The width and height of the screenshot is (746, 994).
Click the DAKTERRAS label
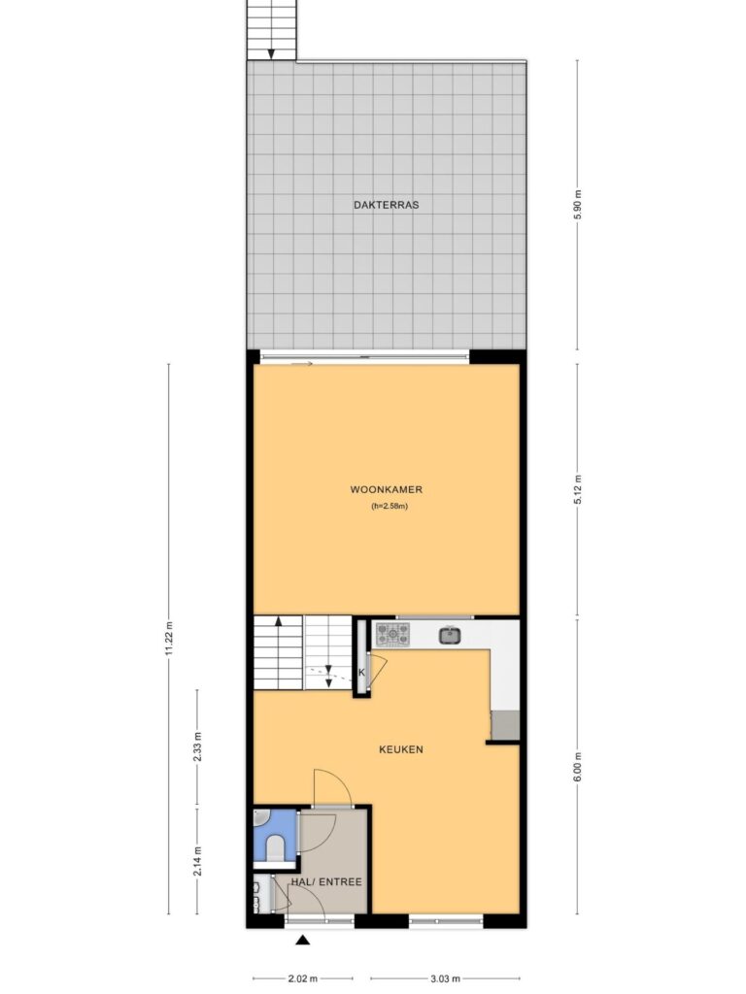[387, 205]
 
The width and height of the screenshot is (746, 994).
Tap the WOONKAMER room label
[387, 489]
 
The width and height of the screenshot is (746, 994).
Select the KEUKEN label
[401, 749]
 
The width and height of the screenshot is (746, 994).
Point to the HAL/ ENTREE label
[326, 881]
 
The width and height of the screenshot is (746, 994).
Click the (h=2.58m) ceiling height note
[389, 506]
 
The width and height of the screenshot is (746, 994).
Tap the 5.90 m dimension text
[577, 205]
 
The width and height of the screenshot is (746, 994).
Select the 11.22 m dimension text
[169, 639]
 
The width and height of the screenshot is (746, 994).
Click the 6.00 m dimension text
[577, 767]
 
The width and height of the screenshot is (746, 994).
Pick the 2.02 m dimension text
[303, 978]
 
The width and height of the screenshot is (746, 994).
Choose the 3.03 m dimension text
[445, 978]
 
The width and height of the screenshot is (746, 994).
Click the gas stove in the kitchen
[392, 634]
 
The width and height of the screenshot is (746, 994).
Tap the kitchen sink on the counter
[450, 635]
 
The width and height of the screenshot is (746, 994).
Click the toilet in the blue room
[275, 848]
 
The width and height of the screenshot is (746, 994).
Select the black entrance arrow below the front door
[303, 940]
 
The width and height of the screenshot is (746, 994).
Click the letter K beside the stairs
[361, 673]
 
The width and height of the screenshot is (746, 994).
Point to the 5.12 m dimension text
[577, 489]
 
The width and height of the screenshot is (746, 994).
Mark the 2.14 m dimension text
[197, 862]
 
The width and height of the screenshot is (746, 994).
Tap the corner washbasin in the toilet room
[260, 820]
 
